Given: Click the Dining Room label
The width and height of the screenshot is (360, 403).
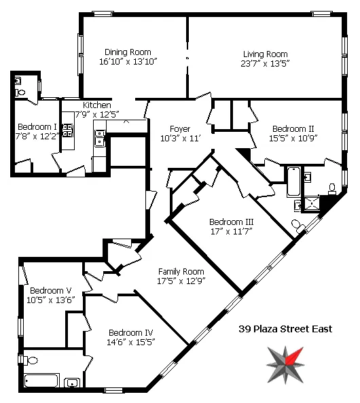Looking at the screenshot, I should coord(128,52).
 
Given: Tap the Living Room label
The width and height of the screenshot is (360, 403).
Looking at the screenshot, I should coord(265,54).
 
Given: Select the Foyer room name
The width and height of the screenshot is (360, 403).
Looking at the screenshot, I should coord(180,128).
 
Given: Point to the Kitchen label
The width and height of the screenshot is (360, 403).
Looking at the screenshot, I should coord(97,105).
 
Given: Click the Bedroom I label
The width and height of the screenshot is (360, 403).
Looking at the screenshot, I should coord(37,126).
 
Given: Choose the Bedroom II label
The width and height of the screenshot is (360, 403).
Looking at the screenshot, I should coord(293,128).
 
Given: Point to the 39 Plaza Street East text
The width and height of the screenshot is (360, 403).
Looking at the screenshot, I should coord(285,329).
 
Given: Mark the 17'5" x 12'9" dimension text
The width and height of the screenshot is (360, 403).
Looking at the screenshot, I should coord(181,280).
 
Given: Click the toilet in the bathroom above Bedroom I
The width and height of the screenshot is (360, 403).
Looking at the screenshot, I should coord(20,92).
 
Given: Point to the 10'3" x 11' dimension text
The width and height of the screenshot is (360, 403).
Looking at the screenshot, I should coord(180,138).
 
